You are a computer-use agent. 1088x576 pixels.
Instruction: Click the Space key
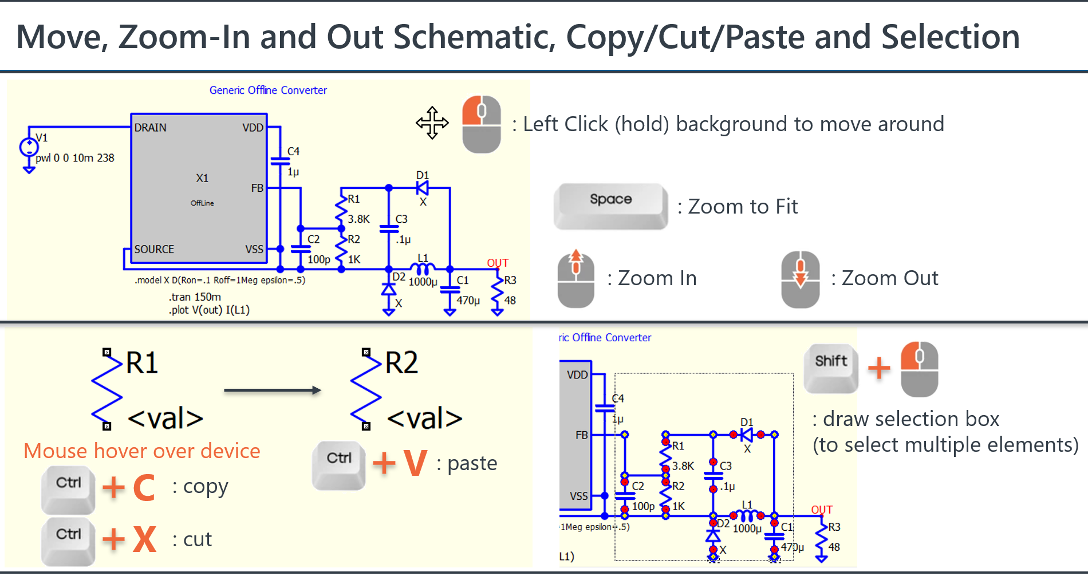610,205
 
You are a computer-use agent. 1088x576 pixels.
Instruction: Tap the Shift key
831,367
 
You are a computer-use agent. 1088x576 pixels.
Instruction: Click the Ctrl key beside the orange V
339,464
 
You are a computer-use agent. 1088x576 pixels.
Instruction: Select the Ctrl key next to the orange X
68,540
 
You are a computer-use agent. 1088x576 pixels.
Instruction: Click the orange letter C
144,488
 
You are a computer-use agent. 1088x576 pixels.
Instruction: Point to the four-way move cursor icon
432,123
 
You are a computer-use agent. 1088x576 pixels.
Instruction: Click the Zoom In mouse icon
576,279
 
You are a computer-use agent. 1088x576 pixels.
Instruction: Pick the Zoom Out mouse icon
800,279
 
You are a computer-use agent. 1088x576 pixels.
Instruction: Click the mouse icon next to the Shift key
919,369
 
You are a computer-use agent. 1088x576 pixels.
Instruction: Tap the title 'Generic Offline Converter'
268,90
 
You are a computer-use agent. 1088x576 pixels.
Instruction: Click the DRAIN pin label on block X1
151,128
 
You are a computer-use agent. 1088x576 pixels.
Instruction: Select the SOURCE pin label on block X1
154,250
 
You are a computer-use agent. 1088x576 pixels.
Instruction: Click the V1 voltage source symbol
29,148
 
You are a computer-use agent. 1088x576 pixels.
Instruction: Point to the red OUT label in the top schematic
498,263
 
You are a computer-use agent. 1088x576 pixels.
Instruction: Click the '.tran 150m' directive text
195,297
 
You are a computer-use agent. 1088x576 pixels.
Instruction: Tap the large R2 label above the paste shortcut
401,363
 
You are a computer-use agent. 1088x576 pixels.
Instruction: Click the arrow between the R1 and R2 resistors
272,390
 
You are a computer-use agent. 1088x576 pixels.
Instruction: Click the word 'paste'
472,463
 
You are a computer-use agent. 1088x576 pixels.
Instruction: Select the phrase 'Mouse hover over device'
142,451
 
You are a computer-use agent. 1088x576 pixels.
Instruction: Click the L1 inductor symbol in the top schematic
423,268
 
